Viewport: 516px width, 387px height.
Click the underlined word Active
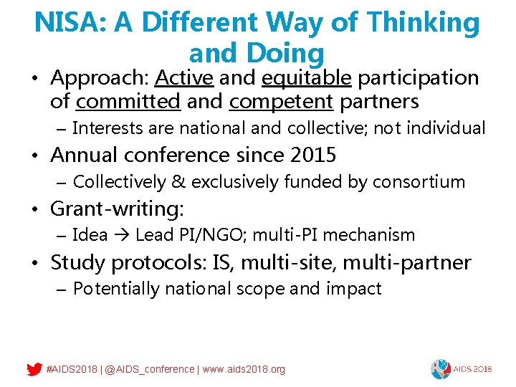(x=184, y=77)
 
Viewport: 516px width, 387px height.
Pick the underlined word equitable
(x=307, y=77)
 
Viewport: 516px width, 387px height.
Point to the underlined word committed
(x=128, y=102)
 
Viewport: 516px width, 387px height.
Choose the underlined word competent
(x=281, y=102)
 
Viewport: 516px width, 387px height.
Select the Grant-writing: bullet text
(x=117, y=209)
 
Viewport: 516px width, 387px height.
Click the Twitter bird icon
(x=34, y=369)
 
